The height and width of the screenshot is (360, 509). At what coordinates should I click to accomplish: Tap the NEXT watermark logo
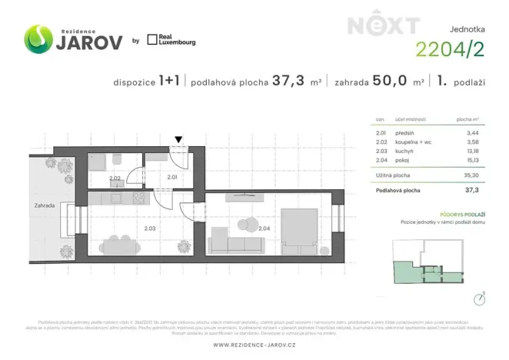pyautogui.click(x=383, y=25)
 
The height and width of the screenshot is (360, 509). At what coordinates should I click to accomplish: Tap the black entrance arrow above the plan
pyautogui.click(x=178, y=140)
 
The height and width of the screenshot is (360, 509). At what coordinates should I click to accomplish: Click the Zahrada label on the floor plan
pyautogui.click(x=45, y=206)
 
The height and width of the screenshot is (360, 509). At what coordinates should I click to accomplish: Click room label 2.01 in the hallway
pyautogui.click(x=172, y=178)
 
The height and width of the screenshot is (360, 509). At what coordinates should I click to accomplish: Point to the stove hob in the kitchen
pyautogui.click(x=141, y=198)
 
